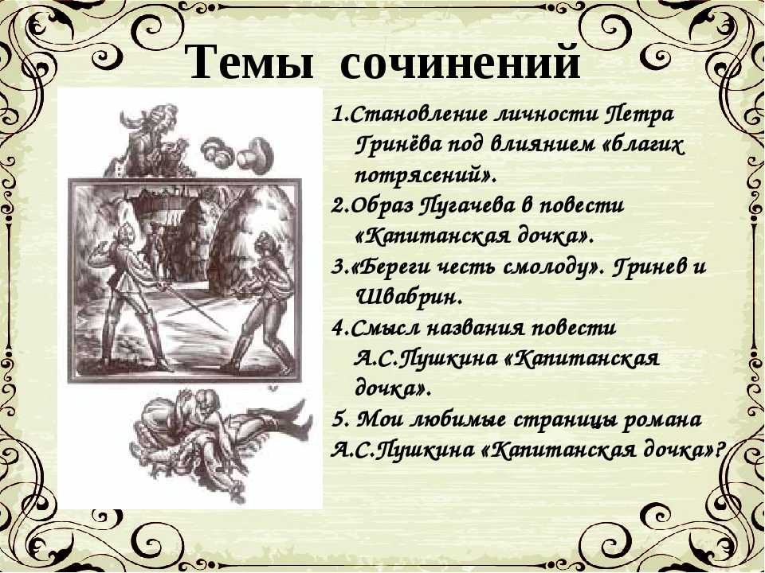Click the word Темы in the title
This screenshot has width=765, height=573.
[x=251, y=61]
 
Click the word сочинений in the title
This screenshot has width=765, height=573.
[x=460, y=62]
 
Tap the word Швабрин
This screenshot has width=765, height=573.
[x=409, y=297]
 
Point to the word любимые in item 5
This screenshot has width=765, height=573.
[x=456, y=420]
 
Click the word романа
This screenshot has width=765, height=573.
[x=662, y=421]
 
